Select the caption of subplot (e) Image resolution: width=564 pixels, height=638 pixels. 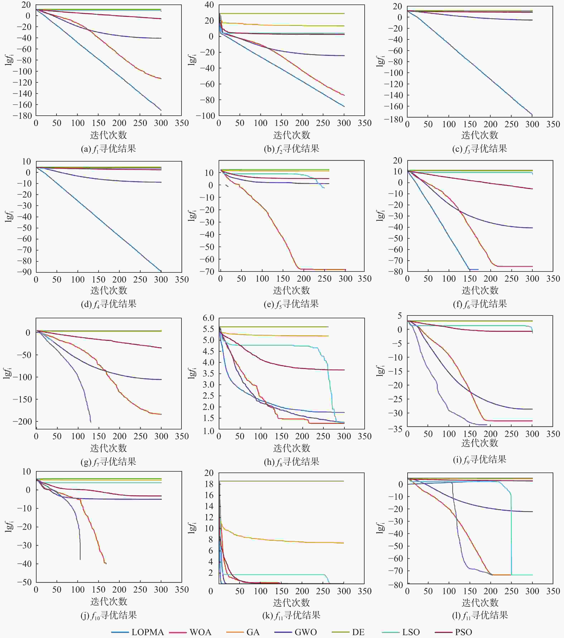(291, 304)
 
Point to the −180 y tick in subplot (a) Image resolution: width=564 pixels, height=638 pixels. (23, 116)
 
